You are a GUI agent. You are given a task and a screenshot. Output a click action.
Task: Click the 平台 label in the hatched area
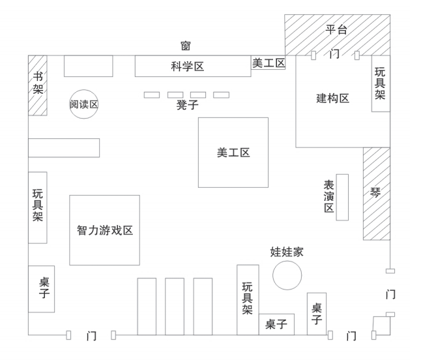click(x=336, y=29)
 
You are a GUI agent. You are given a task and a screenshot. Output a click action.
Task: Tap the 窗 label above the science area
click(x=186, y=46)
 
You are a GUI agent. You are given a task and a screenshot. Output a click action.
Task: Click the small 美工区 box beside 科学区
click(x=269, y=63)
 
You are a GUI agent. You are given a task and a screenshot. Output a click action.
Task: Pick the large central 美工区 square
click(x=233, y=153)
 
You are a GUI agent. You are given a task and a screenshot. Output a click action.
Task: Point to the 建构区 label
click(x=333, y=98)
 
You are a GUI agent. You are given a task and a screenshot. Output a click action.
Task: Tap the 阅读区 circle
click(x=84, y=104)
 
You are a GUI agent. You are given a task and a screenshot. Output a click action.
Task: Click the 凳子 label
click(x=186, y=105)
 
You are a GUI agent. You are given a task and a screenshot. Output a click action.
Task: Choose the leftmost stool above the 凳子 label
click(x=152, y=95)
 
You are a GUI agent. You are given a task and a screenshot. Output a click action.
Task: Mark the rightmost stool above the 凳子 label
click(x=222, y=95)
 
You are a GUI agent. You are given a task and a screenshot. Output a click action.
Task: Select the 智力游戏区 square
click(x=104, y=230)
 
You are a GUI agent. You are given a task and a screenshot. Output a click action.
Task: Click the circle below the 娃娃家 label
click(x=287, y=275)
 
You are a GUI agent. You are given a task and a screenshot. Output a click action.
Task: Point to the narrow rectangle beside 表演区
click(x=342, y=197)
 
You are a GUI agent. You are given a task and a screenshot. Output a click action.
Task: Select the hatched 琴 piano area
click(x=376, y=193)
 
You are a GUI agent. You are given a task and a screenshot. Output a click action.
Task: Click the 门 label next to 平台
click(x=335, y=55)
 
